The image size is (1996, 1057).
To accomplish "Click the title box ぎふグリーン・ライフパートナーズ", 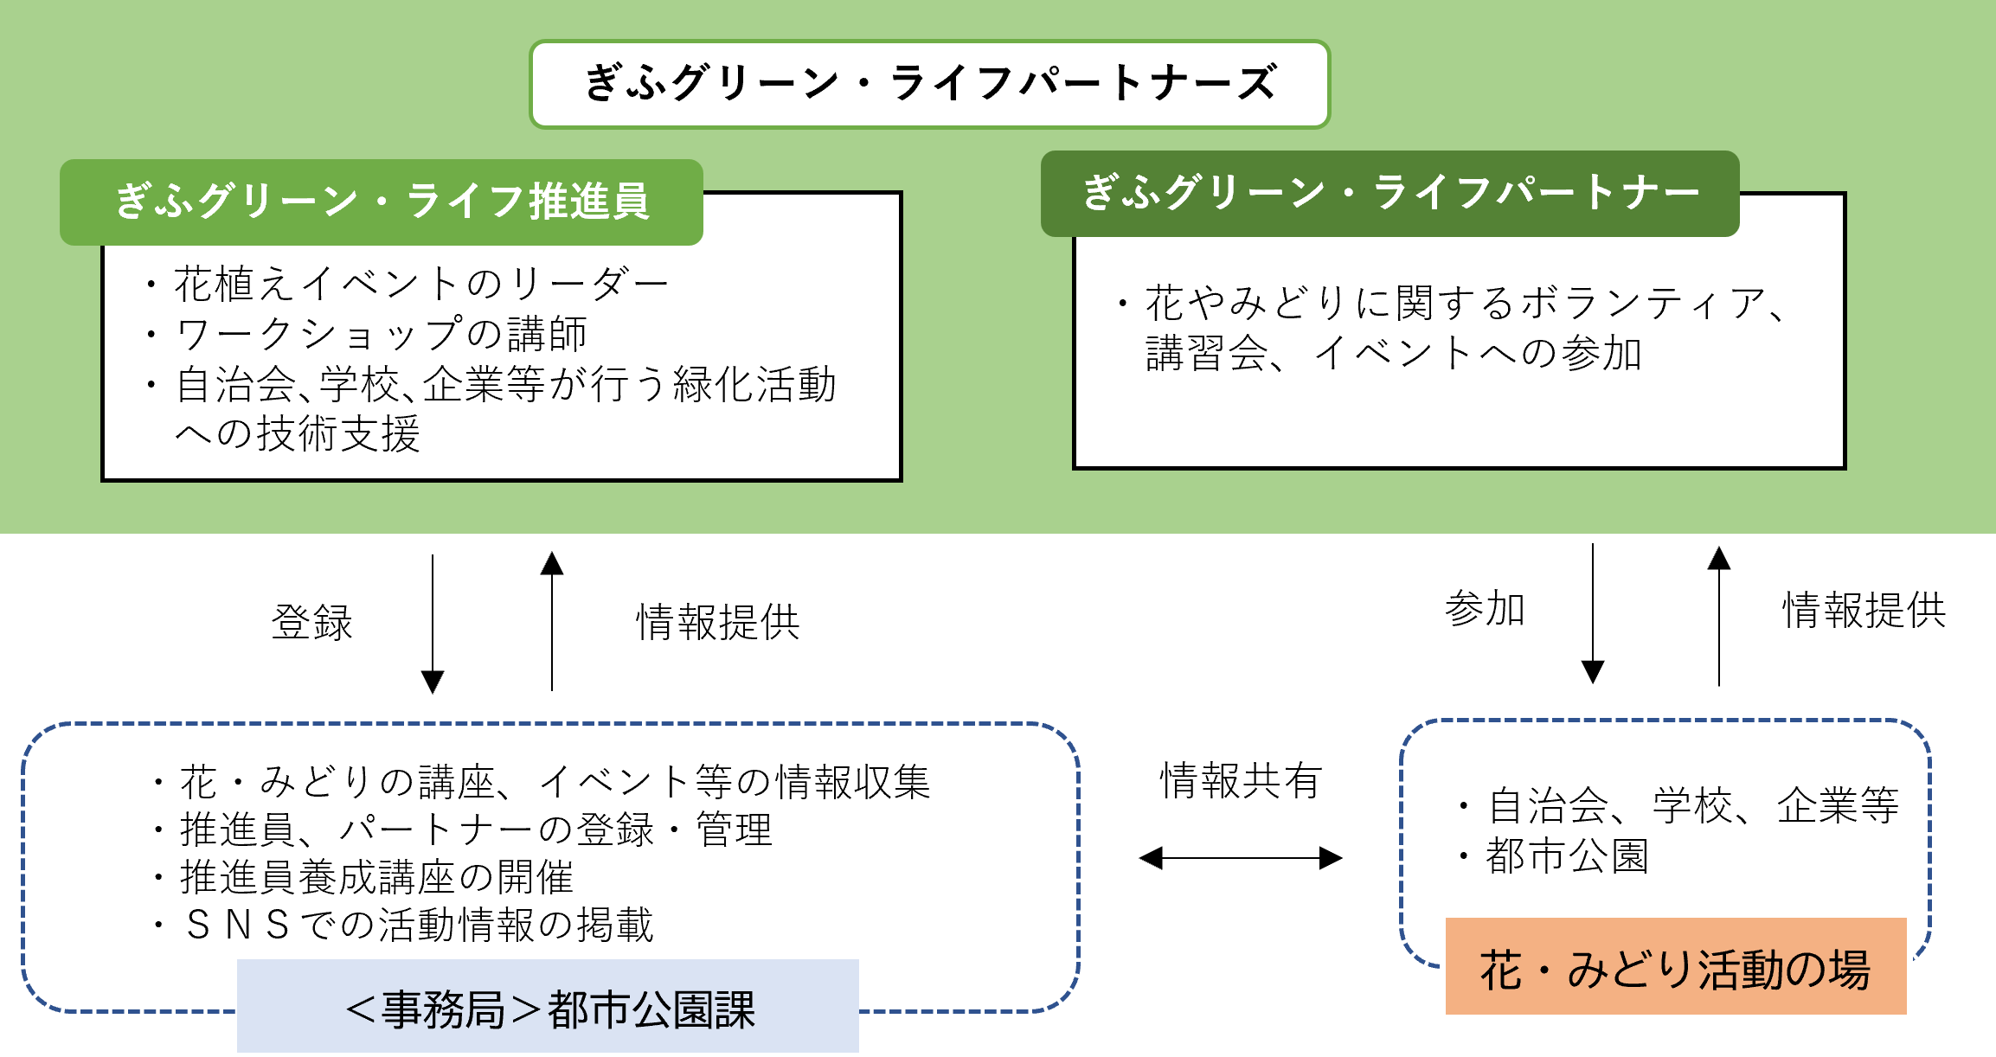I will point(929,84).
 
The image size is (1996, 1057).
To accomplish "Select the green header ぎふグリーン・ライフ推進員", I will point(382,202).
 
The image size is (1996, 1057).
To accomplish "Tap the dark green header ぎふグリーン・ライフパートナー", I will point(1389,193).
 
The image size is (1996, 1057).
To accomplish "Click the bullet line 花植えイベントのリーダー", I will point(420,284).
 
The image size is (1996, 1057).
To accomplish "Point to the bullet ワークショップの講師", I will point(381,334).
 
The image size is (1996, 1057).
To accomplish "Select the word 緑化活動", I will point(755,384).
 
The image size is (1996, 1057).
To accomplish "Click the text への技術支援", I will point(298,433).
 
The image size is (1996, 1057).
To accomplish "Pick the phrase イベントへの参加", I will point(1478,354).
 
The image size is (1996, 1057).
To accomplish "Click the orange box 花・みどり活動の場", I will point(1675,968).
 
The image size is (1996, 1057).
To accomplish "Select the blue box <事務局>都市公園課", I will point(549,1008).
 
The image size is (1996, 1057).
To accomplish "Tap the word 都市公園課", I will point(651,1009).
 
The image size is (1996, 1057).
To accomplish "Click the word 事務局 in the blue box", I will point(443,1009).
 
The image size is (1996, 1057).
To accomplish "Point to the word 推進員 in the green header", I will point(589,202).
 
